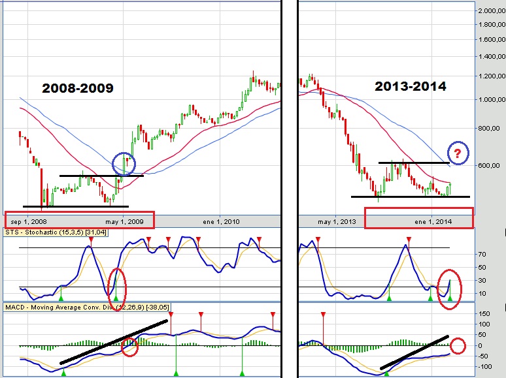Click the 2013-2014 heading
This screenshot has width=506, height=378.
click(x=411, y=86)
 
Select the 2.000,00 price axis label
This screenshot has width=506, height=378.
click(x=490, y=11)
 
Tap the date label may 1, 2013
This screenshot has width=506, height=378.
click(x=337, y=222)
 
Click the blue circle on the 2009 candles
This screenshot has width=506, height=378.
click(x=125, y=163)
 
